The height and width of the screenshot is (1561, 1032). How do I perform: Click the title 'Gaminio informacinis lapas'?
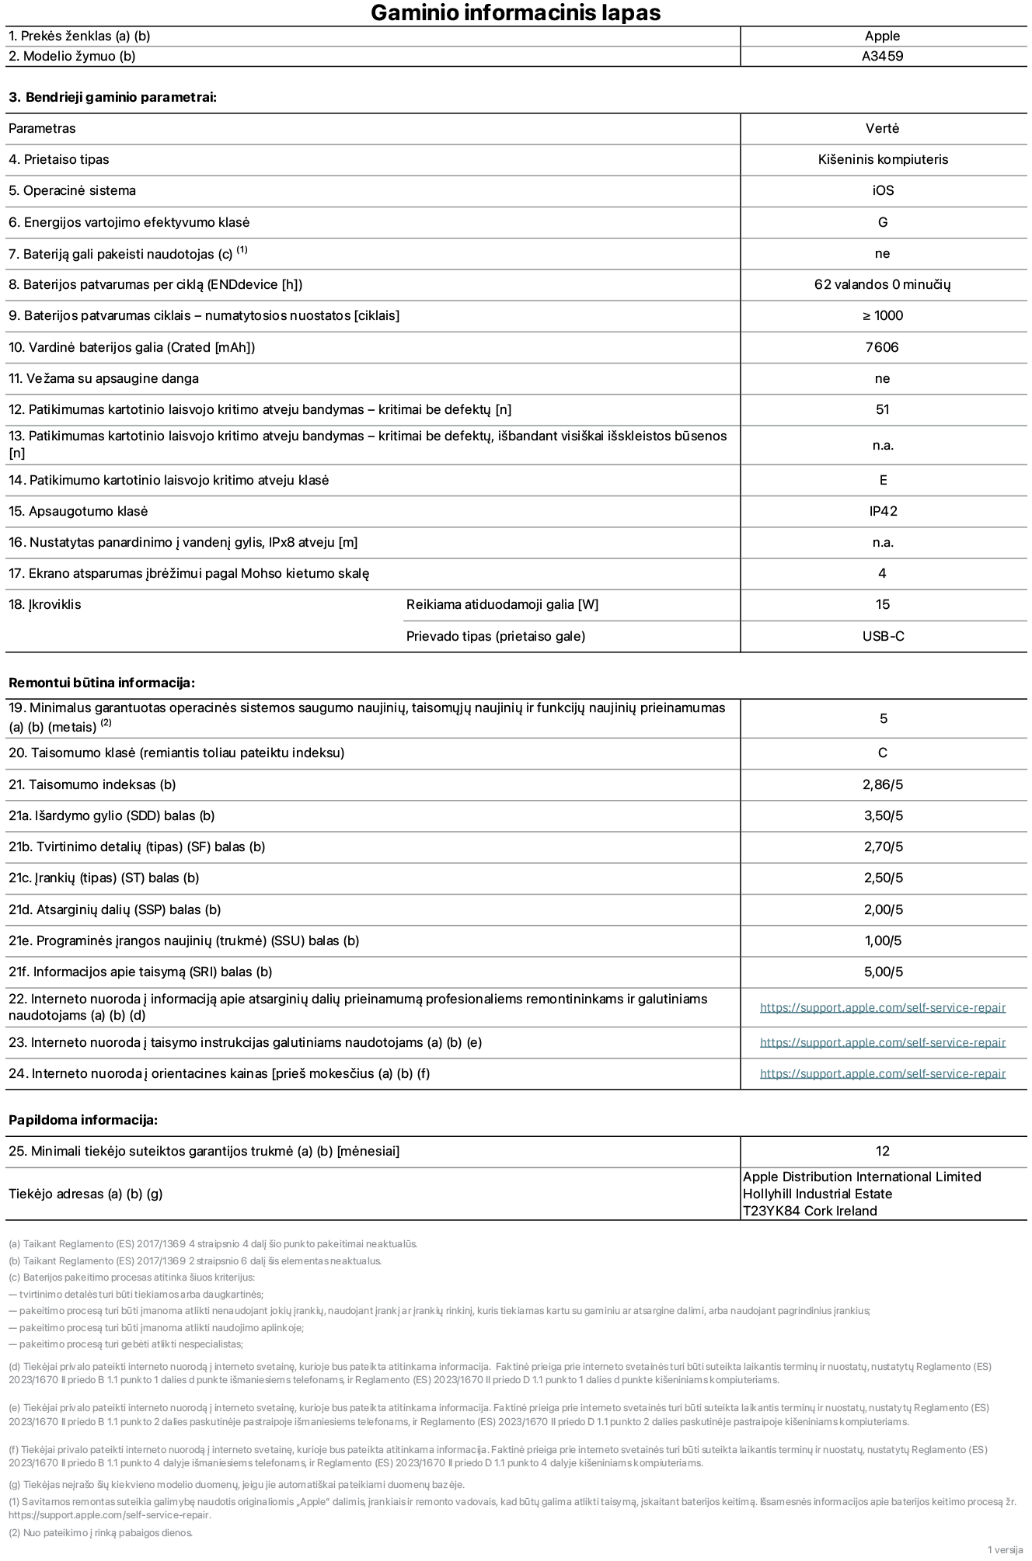click(515, 13)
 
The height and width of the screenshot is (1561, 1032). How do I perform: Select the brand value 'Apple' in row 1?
click(882, 36)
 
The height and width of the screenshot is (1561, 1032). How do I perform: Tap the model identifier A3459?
click(882, 56)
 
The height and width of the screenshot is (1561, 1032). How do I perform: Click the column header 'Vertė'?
click(882, 128)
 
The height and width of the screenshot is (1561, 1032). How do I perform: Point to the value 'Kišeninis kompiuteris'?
click(883, 159)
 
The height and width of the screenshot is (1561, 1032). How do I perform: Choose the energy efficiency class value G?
click(883, 222)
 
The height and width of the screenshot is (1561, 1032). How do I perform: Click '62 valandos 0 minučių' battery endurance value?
click(882, 284)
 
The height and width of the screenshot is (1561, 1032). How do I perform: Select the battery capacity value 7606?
click(882, 347)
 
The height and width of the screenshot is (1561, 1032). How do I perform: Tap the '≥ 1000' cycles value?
click(882, 315)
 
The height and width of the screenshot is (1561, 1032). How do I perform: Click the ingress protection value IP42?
click(883, 511)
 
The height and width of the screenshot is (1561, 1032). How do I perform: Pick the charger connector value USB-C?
click(883, 636)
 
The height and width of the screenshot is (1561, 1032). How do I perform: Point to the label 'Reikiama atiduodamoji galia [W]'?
click(502, 604)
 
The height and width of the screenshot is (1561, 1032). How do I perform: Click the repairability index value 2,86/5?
click(883, 784)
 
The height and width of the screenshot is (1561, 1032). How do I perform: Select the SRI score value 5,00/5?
click(883, 972)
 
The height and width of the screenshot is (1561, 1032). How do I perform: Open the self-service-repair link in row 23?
click(882, 1042)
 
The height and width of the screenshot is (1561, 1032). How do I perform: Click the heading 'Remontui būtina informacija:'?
click(101, 683)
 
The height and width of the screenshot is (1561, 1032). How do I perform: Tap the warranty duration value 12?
click(882, 1151)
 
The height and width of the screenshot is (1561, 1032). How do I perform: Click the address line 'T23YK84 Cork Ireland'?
click(809, 1211)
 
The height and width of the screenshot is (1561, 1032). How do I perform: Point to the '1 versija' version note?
click(1005, 1549)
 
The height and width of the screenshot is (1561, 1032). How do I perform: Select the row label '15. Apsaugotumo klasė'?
click(78, 511)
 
